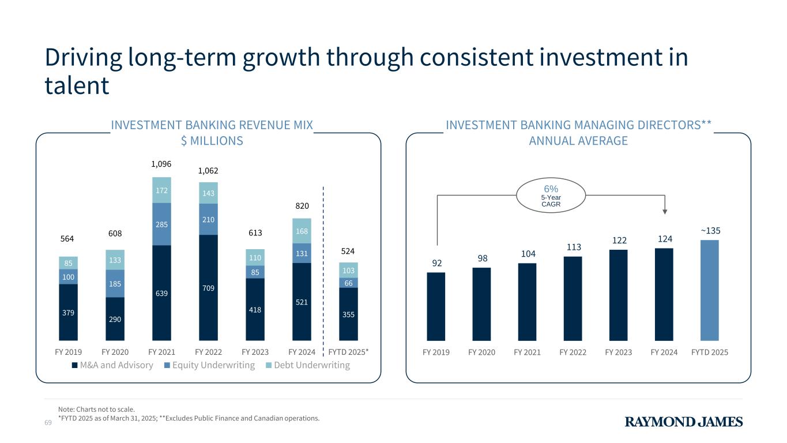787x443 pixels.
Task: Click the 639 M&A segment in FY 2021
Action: pyautogui.click(x=161, y=293)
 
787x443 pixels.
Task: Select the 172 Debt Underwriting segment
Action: pyautogui.click(x=161, y=190)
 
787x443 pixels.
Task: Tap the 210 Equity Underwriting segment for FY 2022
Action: pyautogui.click(x=208, y=219)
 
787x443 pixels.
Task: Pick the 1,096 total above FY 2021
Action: pyautogui.click(x=161, y=164)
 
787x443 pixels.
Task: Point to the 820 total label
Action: pyautogui.click(x=302, y=205)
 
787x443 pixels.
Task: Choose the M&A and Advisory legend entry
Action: pyautogui.click(x=112, y=365)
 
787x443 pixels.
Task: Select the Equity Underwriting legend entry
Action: pyautogui.click(x=209, y=365)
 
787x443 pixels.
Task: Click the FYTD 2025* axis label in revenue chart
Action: pyautogui.click(x=348, y=352)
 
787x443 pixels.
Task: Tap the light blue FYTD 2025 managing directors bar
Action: pyautogui.click(x=709, y=290)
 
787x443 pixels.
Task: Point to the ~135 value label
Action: pyautogui.click(x=710, y=231)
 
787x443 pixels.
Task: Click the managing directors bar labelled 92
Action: pyautogui.click(x=436, y=306)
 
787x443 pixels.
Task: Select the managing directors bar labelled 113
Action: pyautogui.click(x=573, y=298)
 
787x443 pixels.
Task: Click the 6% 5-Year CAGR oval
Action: pyautogui.click(x=551, y=196)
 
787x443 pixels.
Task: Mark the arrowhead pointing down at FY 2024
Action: pyautogui.click(x=664, y=212)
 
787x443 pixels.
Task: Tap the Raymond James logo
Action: pyautogui.click(x=684, y=422)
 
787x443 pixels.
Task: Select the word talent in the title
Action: pyautogui.click(x=77, y=85)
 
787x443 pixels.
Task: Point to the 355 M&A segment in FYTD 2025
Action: pyautogui.click(x=348, y=314)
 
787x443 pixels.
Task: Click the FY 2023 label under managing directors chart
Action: pyautogui.click(x=618, y=352)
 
